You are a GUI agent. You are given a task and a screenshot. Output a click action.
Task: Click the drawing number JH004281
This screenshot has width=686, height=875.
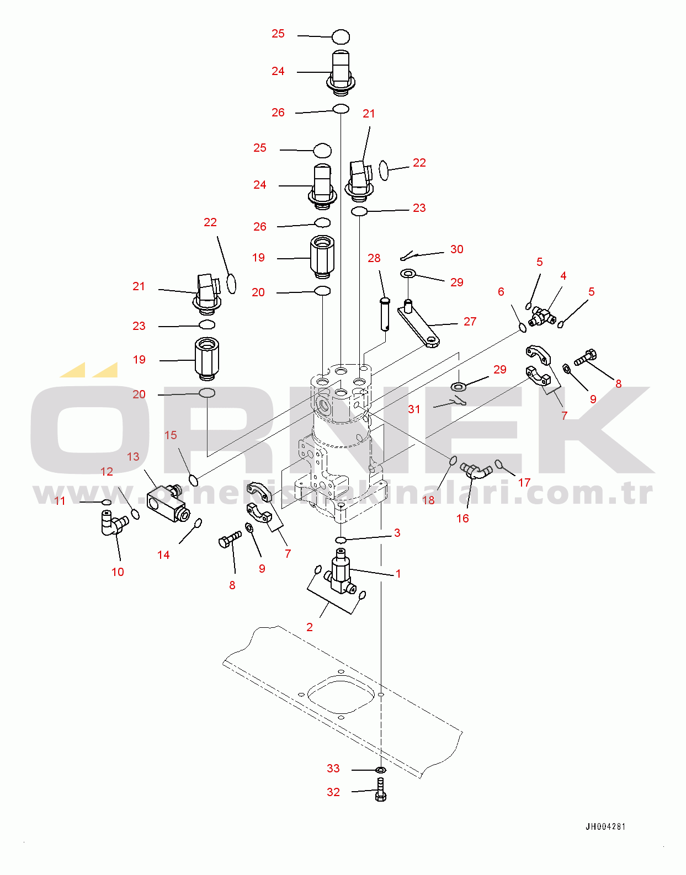tap(605, 826)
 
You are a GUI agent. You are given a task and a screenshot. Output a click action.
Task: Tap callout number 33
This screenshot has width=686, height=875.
tap(333, 769)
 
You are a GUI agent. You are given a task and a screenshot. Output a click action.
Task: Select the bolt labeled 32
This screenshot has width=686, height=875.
tap(381, 790)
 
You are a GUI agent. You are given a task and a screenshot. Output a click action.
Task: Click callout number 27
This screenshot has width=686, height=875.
tap(470, 321)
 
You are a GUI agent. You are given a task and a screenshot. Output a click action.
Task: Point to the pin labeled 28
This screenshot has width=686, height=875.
tap(385, 313)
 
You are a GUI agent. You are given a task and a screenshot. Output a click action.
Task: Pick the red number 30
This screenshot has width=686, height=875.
tap(457, 249)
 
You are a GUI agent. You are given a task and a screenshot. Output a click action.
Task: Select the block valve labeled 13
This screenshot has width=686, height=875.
tap(167, 503)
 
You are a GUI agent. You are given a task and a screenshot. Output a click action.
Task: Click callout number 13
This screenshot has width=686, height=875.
tap(133, 457)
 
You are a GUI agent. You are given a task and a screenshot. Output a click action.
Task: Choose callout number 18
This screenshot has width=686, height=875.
tap(428, 500)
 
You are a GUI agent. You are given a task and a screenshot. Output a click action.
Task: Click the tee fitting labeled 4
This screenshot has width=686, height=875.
tap(542, 317)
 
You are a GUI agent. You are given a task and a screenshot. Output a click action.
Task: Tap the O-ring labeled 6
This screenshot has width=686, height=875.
tap(523, 328)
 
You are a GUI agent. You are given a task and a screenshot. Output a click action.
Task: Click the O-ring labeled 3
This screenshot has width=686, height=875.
tap(341, 540)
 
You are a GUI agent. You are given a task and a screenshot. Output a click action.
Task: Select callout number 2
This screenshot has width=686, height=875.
tap(310, 627)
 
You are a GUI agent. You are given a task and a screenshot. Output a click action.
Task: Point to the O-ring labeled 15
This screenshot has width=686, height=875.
tap(194, 480)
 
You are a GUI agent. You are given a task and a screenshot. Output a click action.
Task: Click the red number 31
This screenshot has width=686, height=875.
tap(414, 409)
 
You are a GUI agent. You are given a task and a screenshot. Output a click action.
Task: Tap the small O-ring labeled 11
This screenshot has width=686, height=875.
tap(107, 502)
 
